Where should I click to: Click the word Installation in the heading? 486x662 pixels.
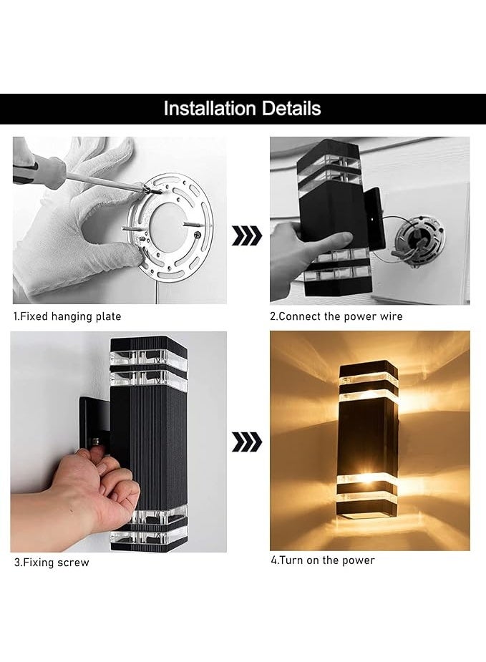click(x=210, y=109)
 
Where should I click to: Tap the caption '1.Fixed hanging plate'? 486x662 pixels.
click(x=67, y=316)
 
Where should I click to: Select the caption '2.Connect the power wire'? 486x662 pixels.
click(x=336, y=316)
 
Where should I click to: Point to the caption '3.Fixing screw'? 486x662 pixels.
click(x=52, y=563)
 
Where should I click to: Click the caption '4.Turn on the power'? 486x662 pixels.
click(x=322, y=560)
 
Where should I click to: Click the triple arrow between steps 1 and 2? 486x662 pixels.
click(x=247, y=235)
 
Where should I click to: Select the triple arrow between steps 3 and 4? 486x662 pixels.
click(x=247, y=442)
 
